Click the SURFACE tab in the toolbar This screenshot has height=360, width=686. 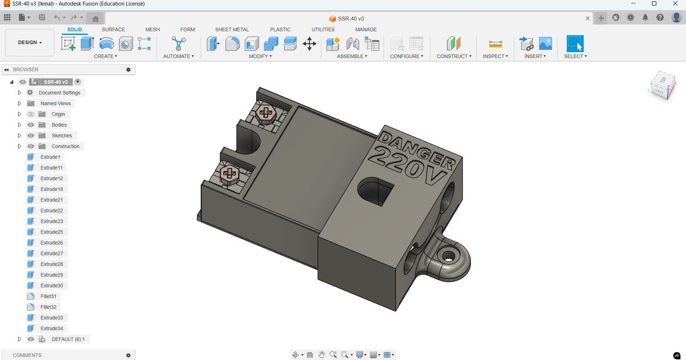[x=113, y=29]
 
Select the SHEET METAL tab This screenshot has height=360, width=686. [x=232, y=29]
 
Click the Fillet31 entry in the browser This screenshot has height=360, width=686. [x=50, y=296]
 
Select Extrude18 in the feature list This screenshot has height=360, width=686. [x=51, y=189]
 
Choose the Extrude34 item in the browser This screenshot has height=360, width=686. [x=51, y=329]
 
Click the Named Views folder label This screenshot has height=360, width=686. [x=55, y=103]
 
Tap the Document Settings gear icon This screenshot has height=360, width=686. [x=31, y=93]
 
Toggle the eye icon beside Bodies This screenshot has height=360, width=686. [x=31, y=125]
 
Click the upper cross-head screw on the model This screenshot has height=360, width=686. [x=265, y=113]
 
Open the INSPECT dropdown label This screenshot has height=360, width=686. [x=495, y=56]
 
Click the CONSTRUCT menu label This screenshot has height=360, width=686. [x=454, y=56]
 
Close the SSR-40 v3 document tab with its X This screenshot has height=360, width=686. [x=588, y=19]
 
